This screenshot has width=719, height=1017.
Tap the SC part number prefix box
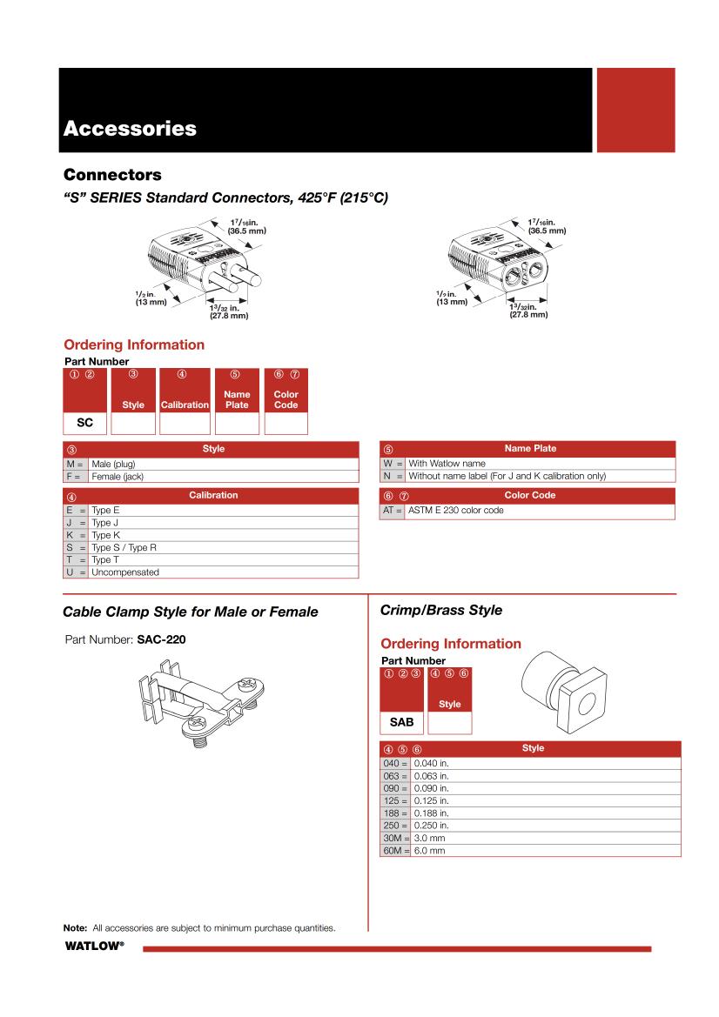[x=85, y=424]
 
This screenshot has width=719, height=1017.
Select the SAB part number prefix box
[x=400, y=722]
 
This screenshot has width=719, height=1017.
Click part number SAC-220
[x=161, y=639]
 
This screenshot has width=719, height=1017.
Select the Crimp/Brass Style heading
[x=441, y=610]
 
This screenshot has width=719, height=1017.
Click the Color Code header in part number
[x=286, y=399]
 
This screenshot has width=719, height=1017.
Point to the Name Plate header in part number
[x=237, y=399]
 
